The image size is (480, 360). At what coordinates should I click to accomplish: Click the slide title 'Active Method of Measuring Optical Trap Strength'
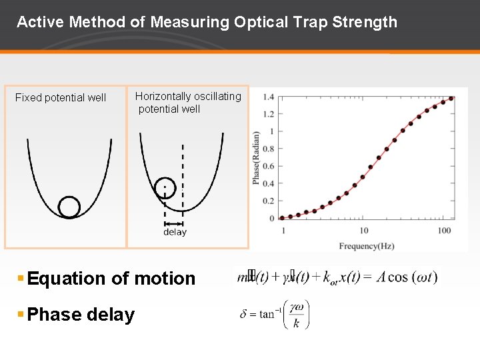click(207, 22)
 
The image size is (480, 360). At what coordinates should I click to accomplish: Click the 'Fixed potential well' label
click(61, 98)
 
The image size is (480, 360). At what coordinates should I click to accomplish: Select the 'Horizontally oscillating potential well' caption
click(187, 103)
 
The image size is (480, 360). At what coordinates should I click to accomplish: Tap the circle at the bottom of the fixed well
click(69, 207)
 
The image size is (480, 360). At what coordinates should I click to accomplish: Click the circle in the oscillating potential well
click(164, 188)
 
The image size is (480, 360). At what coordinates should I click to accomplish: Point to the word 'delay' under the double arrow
click(175, 233)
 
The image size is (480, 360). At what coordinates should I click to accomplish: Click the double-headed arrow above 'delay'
click(174, 223)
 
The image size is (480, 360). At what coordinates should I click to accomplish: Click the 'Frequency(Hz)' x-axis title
click(366, 246)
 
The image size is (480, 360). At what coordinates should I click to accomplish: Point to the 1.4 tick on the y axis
click(268, 97)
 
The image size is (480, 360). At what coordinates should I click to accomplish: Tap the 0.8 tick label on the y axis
click(268, 149)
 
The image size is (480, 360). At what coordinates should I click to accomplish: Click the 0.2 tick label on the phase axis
click(268, 201)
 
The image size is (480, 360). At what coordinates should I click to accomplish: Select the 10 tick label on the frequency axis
click(363, 231)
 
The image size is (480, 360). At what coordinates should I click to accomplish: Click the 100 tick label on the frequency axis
click(444, 231)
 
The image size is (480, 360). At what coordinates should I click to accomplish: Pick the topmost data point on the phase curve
click(451, 98)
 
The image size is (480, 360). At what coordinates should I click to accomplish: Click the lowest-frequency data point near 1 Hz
click(282, 217)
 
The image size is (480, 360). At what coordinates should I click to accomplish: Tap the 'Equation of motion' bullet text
click(111, 279)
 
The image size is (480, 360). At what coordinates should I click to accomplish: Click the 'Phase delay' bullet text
click(81, 315)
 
